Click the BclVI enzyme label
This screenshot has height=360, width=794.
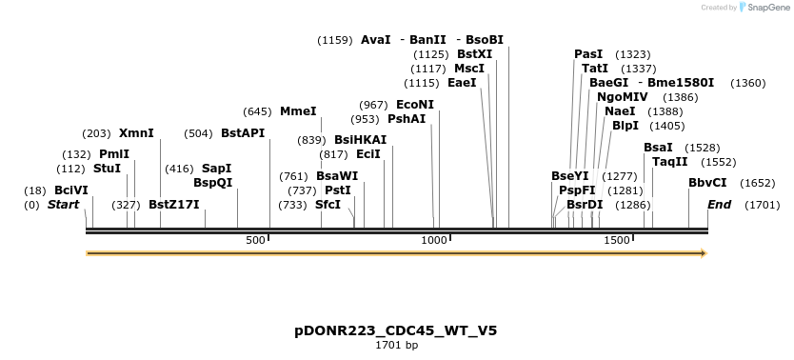[x=70, y=190]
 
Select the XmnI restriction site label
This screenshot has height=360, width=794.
[x=136, y=133]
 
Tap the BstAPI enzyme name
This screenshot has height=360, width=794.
[x=243, y=133]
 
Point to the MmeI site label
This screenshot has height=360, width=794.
[x=298, y=111]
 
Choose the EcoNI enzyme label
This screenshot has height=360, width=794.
[x=414, y=105]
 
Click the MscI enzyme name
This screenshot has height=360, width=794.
[x=468, y=69]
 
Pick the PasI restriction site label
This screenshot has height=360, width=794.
[x=588, y=54]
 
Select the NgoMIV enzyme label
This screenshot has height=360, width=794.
[x=622, y=97]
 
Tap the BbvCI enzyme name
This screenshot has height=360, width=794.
[x=707, y=183]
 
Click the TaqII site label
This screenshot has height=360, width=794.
[x=669, y=162]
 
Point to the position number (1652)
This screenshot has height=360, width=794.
[x=758, y=183]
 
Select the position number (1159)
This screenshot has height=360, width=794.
[x=335, y=40]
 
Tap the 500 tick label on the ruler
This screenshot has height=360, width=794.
[x=255, y=241]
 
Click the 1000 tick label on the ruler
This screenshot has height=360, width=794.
[x=434, y=241]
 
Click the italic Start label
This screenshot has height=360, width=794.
[x=63, y=205]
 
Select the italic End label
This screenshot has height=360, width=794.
[x=719, y=205]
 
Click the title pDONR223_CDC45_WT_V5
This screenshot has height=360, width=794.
[x=396, y=330]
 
